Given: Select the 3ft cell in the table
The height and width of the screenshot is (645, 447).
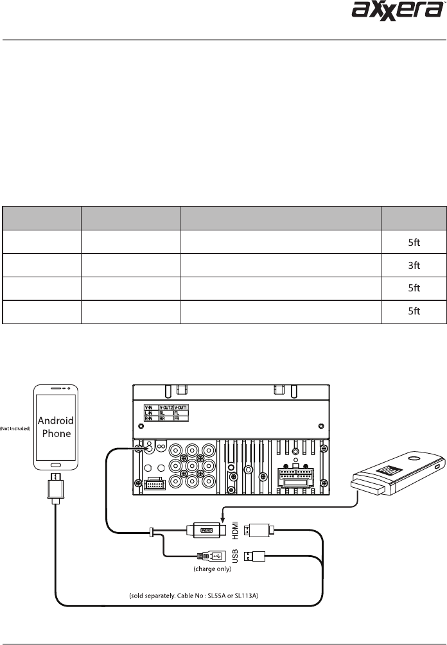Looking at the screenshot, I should pyautogui.click(x=415, y=265).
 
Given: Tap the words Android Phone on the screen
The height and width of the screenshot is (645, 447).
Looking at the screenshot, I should pyautogui.click(x=57, y=427).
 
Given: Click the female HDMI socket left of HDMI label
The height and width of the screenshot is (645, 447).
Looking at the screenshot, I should pyautogui.click(x=207, y=529).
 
